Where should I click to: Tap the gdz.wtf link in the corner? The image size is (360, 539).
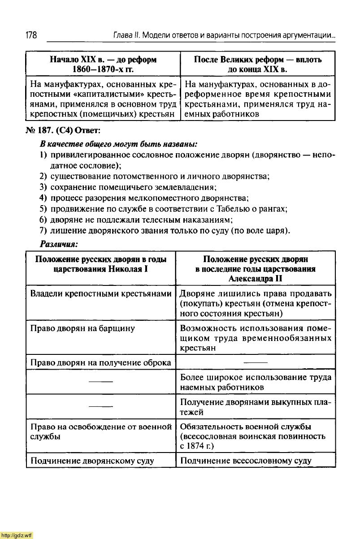[17, 535]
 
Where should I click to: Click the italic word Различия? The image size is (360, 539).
[59, 244]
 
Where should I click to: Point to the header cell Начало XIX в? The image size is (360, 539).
[103, 65]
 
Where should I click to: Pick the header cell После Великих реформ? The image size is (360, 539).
[257, 65]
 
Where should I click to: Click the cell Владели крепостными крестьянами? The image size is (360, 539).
[101, 294]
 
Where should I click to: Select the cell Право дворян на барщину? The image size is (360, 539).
[82, 328]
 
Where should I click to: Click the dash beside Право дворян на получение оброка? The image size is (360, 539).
[256, 362]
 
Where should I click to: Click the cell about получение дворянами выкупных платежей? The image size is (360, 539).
[256, 407]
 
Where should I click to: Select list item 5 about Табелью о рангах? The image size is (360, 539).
[168, 209]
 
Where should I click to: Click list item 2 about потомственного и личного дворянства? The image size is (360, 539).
[159, 176]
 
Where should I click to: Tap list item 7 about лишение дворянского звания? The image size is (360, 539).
[169, 231]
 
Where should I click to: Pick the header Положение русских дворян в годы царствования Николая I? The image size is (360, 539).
[101, 264]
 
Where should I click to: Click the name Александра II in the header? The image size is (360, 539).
[255, 278]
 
